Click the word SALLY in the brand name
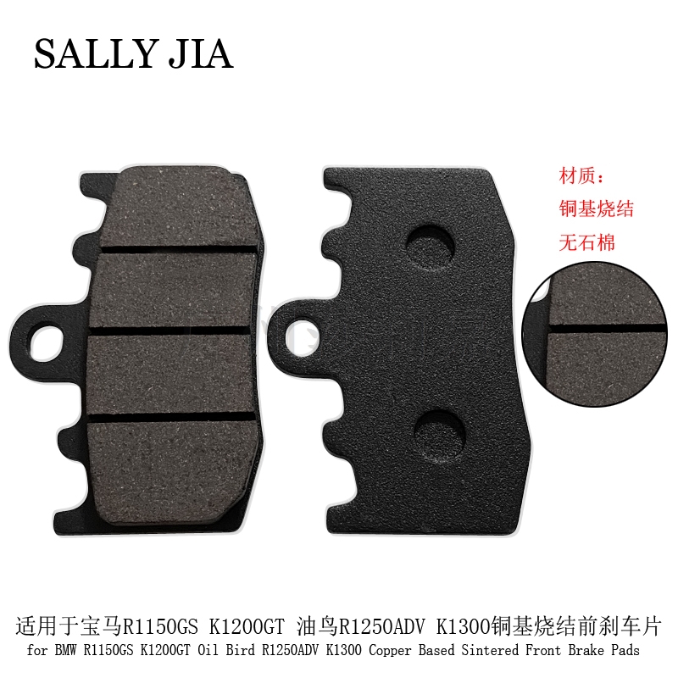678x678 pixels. click(94, 54)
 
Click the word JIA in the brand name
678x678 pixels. click(201, 54)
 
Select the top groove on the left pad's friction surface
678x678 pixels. click(180, 250)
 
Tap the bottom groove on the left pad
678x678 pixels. click(172, 416)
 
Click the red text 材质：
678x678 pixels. click(581, 176)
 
